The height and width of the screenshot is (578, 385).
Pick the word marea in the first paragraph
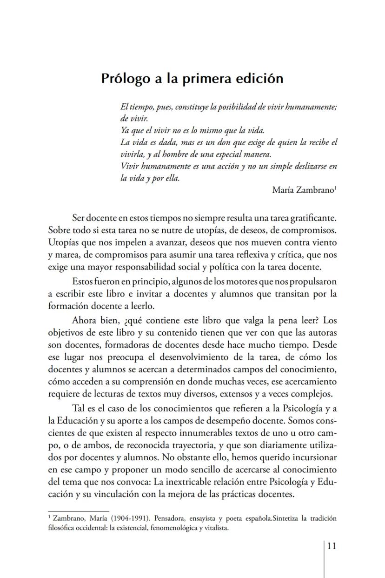click(x=68, y=255)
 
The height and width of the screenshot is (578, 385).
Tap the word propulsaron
click(x=312, y=282)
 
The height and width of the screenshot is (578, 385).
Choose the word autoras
click(x=321, y=333)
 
